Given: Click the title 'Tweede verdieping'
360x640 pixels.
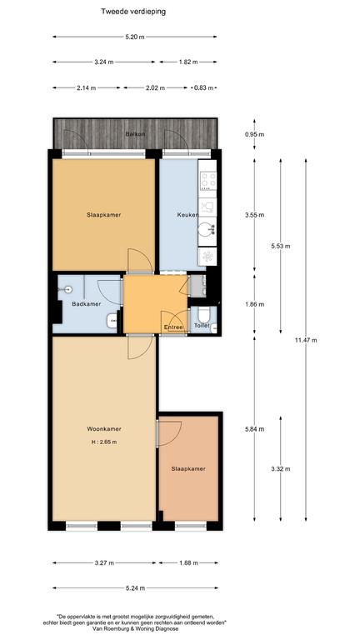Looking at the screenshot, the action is point(133,12).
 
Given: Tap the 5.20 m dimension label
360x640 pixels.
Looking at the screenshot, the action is point(135,37).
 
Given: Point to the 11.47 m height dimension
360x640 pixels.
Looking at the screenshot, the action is point(306,340).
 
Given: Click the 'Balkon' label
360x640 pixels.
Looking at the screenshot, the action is point(136,133).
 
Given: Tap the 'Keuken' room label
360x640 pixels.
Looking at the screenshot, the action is point(187,215).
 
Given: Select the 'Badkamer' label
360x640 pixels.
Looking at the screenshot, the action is point(86,303).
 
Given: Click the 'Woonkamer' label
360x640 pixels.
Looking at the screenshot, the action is point(104,429).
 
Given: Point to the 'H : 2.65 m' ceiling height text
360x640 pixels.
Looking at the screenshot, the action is point(104,442).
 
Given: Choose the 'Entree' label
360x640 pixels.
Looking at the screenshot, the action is point(173,327).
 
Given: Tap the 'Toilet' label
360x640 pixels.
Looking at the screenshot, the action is point(202,326).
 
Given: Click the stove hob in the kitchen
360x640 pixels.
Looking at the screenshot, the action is point(207,181).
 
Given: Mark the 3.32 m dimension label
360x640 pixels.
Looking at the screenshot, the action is point(280,469).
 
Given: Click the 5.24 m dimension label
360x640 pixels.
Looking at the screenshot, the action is point(135,588).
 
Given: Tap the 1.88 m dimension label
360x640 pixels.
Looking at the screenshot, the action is point(188,562).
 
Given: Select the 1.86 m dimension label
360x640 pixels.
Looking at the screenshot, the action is point(255,304).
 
